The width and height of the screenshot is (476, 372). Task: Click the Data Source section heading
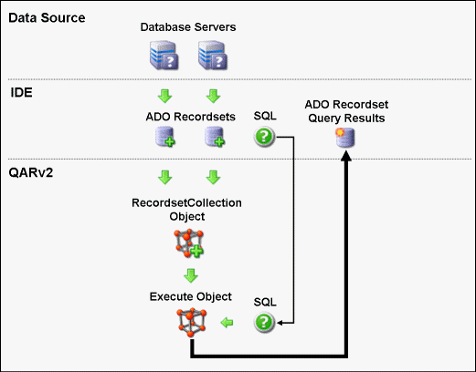[47, 18]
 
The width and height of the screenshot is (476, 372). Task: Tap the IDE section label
[21, 92]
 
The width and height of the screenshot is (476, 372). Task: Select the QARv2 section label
[31, 172]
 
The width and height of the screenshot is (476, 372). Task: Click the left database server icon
[164, 55]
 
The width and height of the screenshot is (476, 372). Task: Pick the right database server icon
[213, 55]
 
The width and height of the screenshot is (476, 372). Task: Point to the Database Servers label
[188, 27]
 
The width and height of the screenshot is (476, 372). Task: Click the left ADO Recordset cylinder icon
[164, 137]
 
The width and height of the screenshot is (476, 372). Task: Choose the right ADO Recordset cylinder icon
[215, 137]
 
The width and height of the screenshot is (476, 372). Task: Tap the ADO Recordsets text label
[190, 117]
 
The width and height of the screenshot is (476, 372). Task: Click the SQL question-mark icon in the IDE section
[264, 137]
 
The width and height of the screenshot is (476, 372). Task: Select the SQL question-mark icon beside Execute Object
[264, 322]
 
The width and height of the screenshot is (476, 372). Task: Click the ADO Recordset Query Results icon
[345, 138]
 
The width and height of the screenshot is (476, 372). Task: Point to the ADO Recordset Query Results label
[346, 111]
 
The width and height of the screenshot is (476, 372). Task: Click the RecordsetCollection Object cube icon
[189, 243]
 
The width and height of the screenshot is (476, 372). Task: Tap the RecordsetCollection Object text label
[186, 210]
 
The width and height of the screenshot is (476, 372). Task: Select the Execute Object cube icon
[192, 323]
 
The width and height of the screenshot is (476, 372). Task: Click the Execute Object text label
[191, 296]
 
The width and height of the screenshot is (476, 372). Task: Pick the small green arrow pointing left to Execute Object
[227, 323]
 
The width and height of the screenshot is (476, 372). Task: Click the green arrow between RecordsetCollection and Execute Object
[191, 275]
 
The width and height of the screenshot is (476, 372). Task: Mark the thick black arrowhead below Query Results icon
[345, 155]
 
